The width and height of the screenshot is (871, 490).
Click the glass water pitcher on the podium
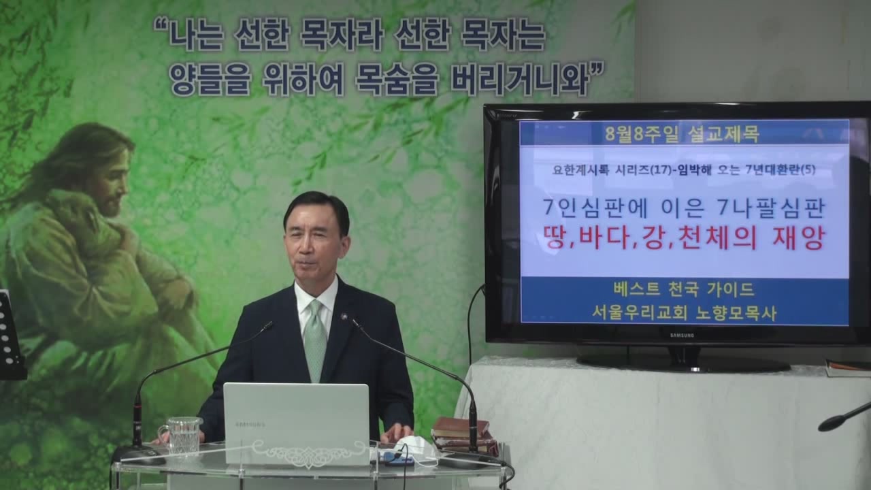pyautogui.click(x=181, y=436)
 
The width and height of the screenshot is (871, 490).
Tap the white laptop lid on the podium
pyautogui.click(x=296, y=423)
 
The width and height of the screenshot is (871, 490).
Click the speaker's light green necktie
pyautogui.click(x=315, y=339)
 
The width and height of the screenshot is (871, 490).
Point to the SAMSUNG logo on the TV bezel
pyautogui.click(x=682, y=336)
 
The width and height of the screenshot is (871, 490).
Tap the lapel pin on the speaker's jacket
pyautogui.click(x=344, y=317)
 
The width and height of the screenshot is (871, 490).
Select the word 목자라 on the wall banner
pyautogui.click(x=342, y=36)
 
